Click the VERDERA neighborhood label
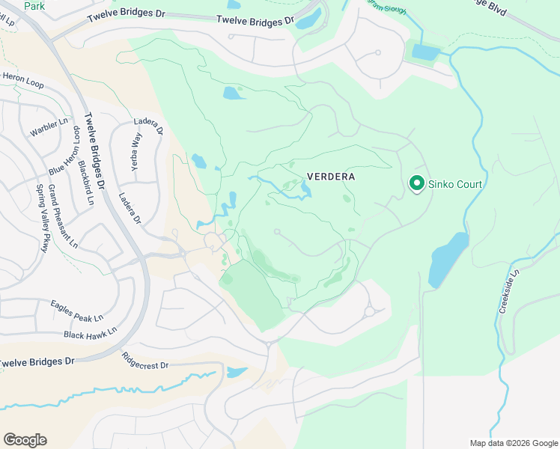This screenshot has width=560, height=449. pos(330,177)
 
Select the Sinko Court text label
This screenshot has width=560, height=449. pos(454,184)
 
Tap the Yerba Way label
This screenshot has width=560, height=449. pos(136,153)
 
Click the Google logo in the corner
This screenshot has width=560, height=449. pos(25,440)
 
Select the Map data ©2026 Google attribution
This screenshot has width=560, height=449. pos(513,443)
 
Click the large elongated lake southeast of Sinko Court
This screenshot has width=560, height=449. pos(448,258)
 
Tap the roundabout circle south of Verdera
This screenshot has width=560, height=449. pos(369,311)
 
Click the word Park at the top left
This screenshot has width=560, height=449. pos(34,6)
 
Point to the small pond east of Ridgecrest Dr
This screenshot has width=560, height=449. pos(236,372)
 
